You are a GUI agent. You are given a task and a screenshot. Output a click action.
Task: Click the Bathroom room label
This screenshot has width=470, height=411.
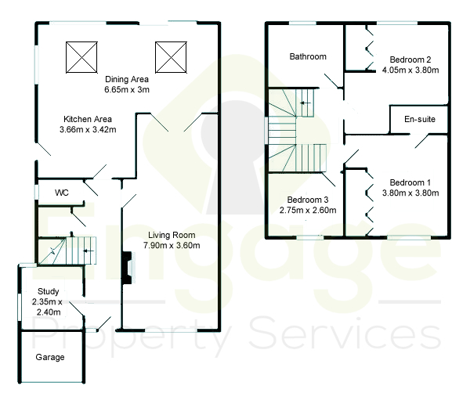[x=308, y=56]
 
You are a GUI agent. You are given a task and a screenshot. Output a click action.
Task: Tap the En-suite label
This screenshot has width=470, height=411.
[x=420, y=119]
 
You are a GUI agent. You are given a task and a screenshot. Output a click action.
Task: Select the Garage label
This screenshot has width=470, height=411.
[x=50, y=357]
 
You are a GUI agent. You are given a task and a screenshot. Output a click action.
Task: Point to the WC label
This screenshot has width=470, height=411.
[x=62, y=193]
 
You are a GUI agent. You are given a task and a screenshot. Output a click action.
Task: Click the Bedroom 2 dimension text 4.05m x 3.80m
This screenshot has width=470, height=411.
[x=410, y=70]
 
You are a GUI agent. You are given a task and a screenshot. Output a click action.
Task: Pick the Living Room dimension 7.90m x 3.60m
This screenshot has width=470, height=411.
[x=172, y=245]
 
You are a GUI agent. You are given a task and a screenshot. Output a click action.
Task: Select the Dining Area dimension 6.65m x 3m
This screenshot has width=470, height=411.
[x=127, y=89]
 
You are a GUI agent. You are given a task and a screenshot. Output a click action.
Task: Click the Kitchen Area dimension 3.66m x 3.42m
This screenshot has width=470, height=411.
[x=88, y=130]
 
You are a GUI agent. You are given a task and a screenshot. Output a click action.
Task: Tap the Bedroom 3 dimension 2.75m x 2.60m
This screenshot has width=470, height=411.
[x=308, y=211]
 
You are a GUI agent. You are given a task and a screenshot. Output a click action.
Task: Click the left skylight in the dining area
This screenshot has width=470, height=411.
[x=81, y=57]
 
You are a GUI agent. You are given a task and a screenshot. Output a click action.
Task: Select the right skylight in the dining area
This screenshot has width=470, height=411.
[x=171, y=57]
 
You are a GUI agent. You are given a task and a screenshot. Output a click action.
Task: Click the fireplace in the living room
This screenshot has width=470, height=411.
[x=128, y=268]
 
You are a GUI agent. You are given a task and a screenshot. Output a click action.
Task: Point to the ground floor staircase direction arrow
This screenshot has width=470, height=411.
[x=89, y=251]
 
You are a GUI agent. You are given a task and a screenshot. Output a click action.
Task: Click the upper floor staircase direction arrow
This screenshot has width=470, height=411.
[x=305, y=103]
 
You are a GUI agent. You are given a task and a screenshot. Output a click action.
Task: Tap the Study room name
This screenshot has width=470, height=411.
[x=49, y=291]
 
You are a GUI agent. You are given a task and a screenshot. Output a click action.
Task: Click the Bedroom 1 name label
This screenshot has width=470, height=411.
[x=410, y=182]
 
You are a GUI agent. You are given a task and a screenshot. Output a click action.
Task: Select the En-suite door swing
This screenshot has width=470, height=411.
[x=422, y=142]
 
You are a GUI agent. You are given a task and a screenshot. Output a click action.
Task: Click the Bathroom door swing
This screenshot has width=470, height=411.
[x=331, y=81]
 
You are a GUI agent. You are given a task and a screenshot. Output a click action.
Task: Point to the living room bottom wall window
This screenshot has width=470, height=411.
[x=171, y=330]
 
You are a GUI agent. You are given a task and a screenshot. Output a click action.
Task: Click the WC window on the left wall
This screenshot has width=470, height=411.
[x=37, y=193]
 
